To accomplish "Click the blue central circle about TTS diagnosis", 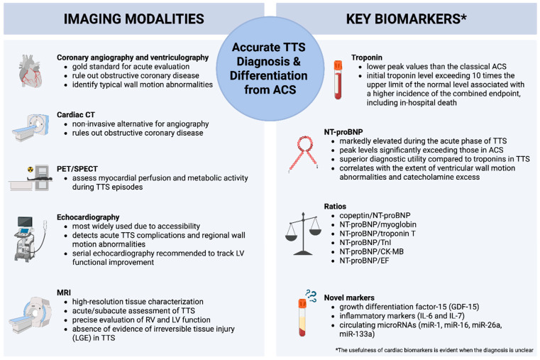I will point(270,67).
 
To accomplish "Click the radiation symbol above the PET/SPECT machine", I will point(29,170).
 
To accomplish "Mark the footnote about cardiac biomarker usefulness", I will point(436,350).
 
